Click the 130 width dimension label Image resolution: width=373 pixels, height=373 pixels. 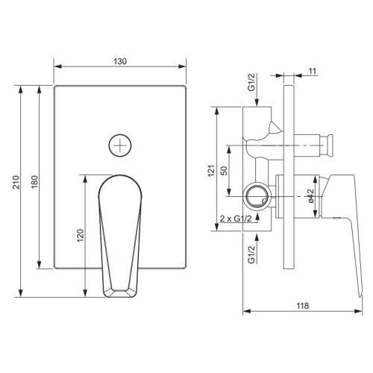(x=120, y=61)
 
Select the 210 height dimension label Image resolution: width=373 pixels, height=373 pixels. (x=16, y=182)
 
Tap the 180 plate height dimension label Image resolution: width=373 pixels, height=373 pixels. (x=35, y=182)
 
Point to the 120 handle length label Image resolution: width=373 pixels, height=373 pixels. (x=81, y=236)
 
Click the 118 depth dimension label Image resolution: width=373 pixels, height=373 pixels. (x=302, y=306)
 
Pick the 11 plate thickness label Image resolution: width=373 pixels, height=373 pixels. (x=313, y=72)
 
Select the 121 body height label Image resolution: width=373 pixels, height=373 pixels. (x=211, y=171)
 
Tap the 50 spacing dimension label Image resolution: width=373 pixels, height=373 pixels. (x=225, y=171)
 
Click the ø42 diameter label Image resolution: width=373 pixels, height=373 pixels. (x=311, y=196)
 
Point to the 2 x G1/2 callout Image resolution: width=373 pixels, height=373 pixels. (x=236, y=219)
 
